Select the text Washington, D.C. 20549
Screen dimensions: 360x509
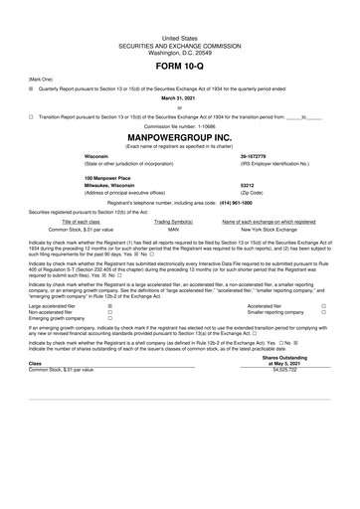point(179,23)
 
